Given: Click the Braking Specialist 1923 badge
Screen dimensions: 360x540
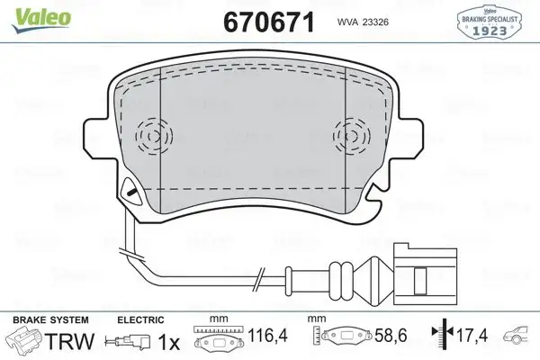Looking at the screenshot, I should [x=493, y=22].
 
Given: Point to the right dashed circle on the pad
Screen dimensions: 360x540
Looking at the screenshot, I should [x=348, y=136].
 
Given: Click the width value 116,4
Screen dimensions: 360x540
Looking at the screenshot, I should [x=270, y=341].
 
